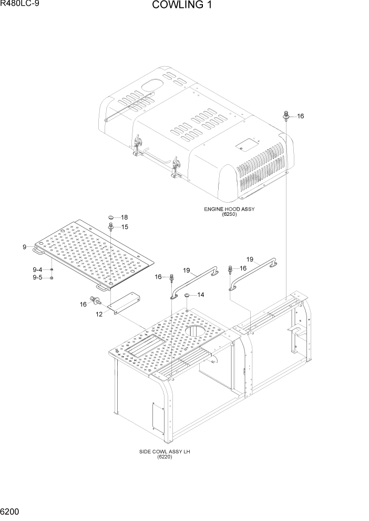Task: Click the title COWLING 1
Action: pos(183,6)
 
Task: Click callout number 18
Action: pos(125,217)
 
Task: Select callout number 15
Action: pos(125,227)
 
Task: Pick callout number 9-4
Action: pos(37,269)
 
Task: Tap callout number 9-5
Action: pos(37,277)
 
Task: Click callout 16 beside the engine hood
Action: pos(300,116)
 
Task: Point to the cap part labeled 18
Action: pos(111,217)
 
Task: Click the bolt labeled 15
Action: pos(111,226)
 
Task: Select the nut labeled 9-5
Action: pos(52,277)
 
